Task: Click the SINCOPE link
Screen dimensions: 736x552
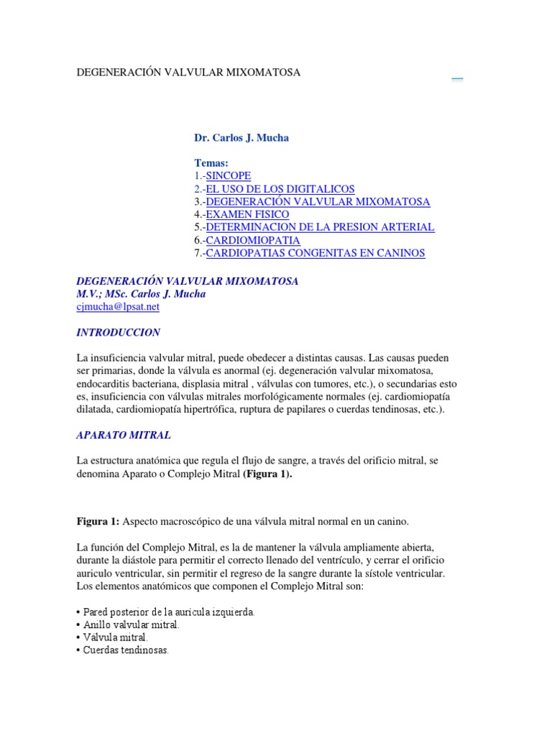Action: click(229, 175)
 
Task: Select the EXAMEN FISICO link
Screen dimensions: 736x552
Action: click(247, 214)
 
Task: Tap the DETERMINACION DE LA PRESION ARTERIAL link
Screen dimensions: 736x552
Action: click(320, 227)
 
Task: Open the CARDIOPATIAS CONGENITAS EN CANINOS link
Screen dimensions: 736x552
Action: click(316, 253)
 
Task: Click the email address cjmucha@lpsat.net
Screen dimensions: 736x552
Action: click(118, 306)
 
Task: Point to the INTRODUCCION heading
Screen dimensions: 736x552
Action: click(119, 333)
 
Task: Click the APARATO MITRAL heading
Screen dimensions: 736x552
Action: click(124, 436)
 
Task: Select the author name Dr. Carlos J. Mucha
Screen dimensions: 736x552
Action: click(241, 138)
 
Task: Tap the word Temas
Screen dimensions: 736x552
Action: click(211, 163)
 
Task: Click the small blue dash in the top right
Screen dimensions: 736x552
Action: click(457, 79)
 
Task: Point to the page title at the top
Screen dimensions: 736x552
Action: click(188, 73)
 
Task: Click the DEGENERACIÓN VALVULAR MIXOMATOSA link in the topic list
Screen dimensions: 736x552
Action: click(318, 201)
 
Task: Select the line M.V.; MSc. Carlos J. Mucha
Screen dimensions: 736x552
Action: click(141, 293)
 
